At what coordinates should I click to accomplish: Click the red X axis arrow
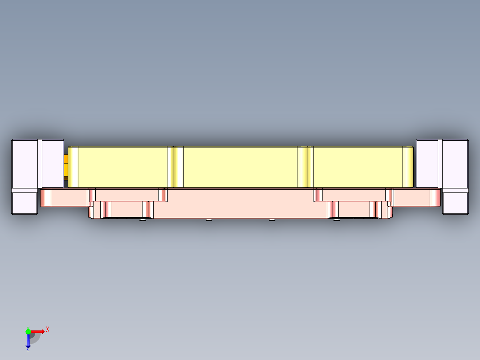click(x=38, y=331)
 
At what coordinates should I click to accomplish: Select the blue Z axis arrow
click(x=28, y=341)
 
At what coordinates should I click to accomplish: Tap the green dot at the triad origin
click(x=28, y=331)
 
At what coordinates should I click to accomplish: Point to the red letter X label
click(x=47, y=329)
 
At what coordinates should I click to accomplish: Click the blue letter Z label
click(x=28, y=349)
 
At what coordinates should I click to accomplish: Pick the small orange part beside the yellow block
click(x=66, y=165)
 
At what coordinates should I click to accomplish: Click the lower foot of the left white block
click(x=24, y=203)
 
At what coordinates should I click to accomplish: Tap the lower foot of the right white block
click(x=456, y=203)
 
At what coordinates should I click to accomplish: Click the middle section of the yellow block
click(x=240, y=167)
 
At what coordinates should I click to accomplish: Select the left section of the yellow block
click(x=122, y=167)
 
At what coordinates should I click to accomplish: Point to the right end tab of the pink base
click(x=416, y=197)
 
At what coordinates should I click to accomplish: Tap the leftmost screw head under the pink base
click(x=142, y=220)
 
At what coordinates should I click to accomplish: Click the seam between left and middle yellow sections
click(x=173, y=167)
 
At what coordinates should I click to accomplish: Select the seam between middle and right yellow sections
click(x=308, y=167)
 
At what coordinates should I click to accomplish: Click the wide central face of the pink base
click(x=240, y=203)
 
